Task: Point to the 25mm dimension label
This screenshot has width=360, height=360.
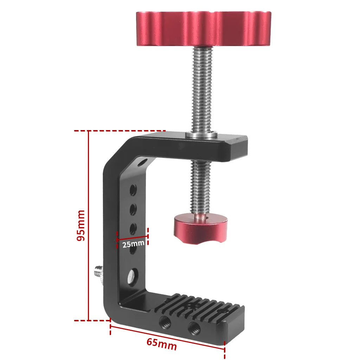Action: (x=133, y=244)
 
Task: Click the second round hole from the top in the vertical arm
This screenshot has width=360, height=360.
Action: (x=133, y=210)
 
